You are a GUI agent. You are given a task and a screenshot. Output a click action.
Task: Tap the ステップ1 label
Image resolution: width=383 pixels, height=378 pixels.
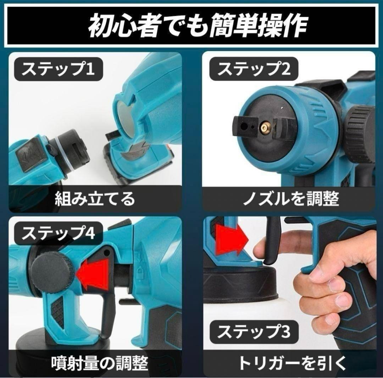(58, 69)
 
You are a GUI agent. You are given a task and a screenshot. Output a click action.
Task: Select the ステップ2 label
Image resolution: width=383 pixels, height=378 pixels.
(254, 69)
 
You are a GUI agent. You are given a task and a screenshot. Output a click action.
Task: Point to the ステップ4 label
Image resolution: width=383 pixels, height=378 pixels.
(58, 233)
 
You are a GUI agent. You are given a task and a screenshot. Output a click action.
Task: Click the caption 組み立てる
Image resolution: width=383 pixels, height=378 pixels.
(95, 199)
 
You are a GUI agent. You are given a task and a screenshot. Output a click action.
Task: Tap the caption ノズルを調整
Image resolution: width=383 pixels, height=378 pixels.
(291, 199)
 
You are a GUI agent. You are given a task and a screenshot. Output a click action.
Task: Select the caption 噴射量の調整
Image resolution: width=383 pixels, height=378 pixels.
(100, 363)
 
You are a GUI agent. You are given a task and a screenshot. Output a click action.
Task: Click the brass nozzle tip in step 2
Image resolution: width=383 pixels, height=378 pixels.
(265, 127)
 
